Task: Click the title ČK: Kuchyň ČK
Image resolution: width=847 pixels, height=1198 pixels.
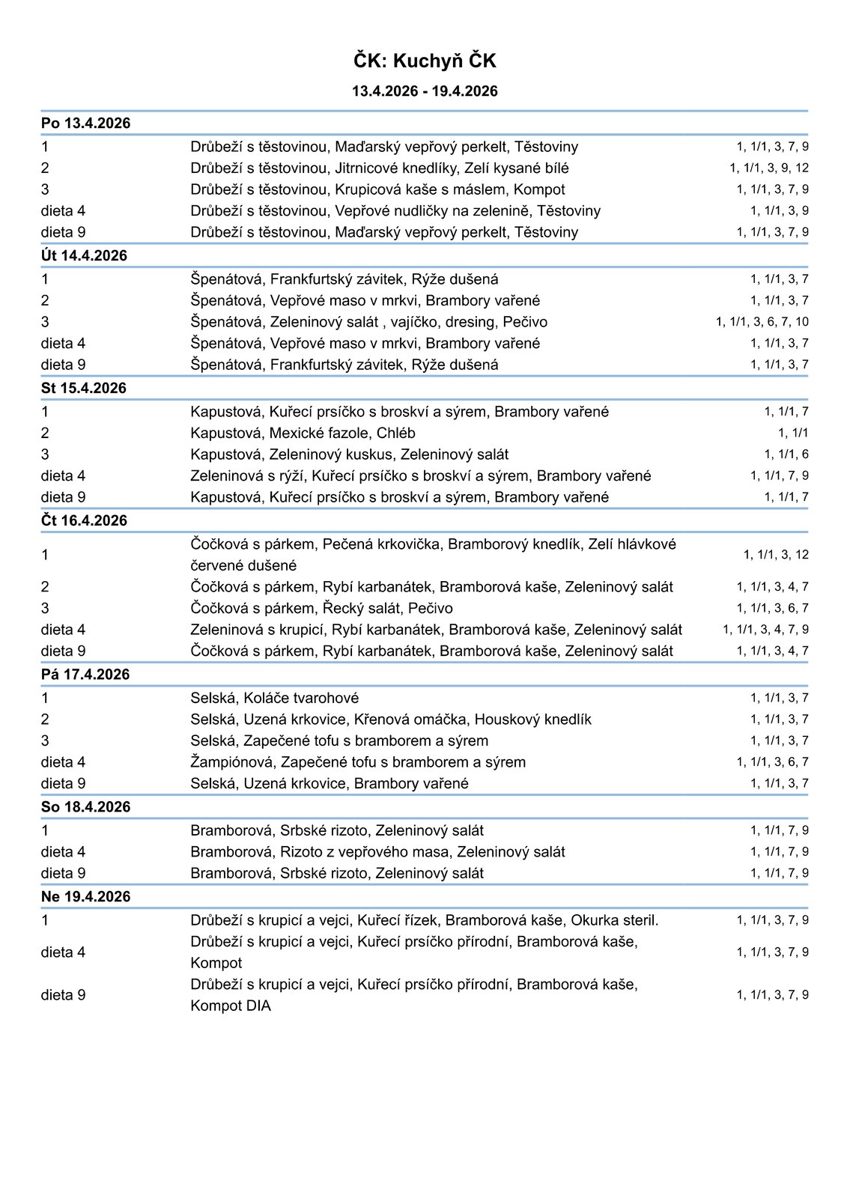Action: click(425, 61)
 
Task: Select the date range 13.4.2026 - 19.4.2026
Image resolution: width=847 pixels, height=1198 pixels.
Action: click(425, 91)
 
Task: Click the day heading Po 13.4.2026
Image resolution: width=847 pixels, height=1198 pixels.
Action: click(85, 124)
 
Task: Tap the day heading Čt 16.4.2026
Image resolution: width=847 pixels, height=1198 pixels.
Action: click(84, 520)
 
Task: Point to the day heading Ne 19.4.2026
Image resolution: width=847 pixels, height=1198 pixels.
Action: click(85, 896)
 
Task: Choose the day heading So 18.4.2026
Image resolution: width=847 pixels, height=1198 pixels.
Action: click(85, 806)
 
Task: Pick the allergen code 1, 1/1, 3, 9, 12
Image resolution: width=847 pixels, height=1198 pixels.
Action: click(769, 168)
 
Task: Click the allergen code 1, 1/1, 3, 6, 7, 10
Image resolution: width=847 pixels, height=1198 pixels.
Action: click(762, 322)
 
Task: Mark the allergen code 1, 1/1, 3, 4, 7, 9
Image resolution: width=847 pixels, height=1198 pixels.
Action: click(765, 630)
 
